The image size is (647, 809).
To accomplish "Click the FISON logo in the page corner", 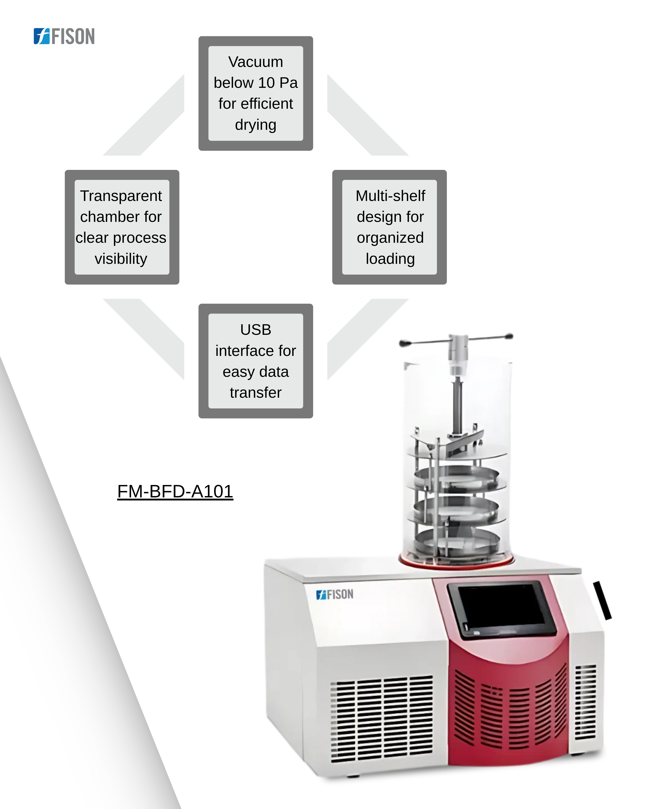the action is [x=64, y=36].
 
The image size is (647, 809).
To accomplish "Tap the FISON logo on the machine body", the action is [x=335, y=594].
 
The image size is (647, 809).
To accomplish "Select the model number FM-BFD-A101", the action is [x=175, y=491].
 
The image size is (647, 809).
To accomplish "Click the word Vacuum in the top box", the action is [x=256, y=62].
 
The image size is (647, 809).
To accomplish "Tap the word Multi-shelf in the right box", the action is [x=391, y=196].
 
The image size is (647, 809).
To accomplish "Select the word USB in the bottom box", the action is [x=256, y=330].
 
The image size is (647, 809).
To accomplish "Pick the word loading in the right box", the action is [x=391, y=259].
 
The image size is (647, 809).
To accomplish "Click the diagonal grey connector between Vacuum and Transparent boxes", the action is [x=144, y=115].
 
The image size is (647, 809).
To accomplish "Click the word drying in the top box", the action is [x=256, y=125].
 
